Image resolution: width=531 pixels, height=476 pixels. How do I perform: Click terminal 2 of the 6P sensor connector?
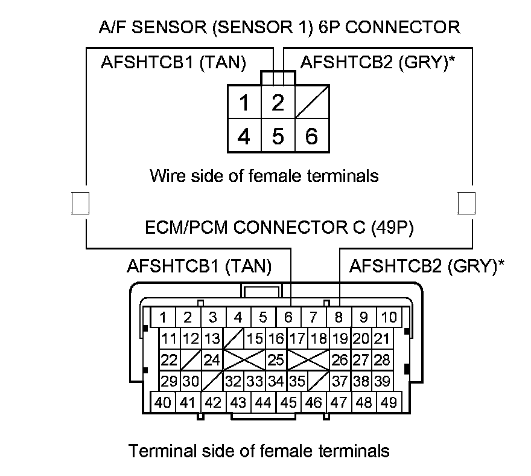pos(278,103)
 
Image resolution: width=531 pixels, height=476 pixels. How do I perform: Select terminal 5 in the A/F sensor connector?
pos(278,136)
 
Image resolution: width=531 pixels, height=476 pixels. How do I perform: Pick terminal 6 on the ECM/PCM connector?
pos(288,317)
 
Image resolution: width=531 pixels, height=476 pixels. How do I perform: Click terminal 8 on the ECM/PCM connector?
pos(339,317)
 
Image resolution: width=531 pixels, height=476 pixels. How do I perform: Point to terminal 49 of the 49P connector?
pos(389,402)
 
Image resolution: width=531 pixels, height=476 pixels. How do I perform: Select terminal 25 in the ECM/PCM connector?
pos(276,360)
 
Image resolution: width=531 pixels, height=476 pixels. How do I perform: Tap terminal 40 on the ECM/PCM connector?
pos(163,402)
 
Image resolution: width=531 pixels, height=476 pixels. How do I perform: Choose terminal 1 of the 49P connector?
pos(163,317)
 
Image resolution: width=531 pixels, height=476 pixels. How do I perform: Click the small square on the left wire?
pos(80,203)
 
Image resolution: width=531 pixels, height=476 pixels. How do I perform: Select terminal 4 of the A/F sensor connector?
pos(244,136)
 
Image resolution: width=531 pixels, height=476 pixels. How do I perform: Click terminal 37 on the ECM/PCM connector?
pos(340,381)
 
